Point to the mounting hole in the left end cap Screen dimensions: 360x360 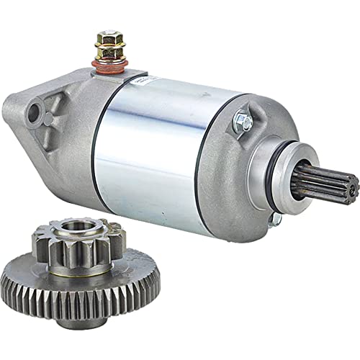click(x=33, y=112)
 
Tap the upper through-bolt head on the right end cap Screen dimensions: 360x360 click(x=244, y=122)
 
